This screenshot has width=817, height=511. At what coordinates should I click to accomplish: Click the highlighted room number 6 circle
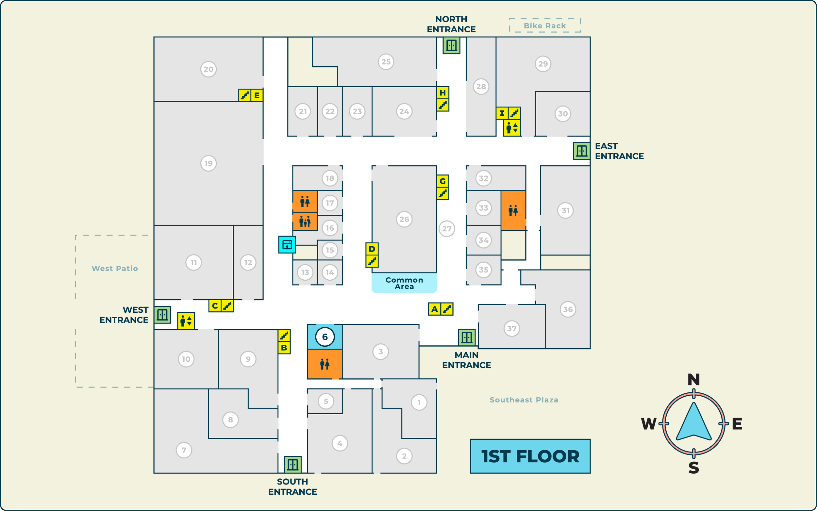tap(325, 337)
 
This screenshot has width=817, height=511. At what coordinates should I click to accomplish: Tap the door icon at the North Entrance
tap(451, 45)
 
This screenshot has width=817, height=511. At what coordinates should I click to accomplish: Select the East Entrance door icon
tap(581, 151)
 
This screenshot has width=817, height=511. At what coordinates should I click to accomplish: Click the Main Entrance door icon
tap(466, 337)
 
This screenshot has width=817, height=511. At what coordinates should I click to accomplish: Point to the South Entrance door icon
tap(292, 464)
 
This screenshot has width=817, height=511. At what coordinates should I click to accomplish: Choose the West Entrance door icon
tap(162, 315)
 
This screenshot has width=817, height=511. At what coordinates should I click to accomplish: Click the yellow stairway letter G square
tap(442, 181)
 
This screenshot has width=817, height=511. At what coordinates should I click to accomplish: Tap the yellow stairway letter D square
tap(372, 249)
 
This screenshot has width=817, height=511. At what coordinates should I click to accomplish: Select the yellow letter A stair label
tap(434, 309)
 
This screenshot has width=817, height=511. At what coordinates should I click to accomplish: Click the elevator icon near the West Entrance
tap(186, 321)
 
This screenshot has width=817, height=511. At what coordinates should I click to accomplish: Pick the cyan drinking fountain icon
tap(287, 244)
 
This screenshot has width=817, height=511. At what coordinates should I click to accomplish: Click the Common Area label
tap(404, 283)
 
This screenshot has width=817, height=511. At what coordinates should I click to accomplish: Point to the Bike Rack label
tap(544, 26)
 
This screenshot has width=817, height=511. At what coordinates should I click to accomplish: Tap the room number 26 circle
tap(404, 219)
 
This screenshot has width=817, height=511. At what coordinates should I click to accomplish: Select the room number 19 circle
tap(208, 163)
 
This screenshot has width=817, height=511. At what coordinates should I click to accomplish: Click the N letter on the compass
tap(693, 380)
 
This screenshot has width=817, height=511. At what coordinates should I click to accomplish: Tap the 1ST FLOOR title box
tap(530, 456)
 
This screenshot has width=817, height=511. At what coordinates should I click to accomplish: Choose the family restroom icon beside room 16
tap(305, 222)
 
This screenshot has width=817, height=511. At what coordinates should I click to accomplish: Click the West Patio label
tap(115, 269)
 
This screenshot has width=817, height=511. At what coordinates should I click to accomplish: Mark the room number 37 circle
tap(511, 328)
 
